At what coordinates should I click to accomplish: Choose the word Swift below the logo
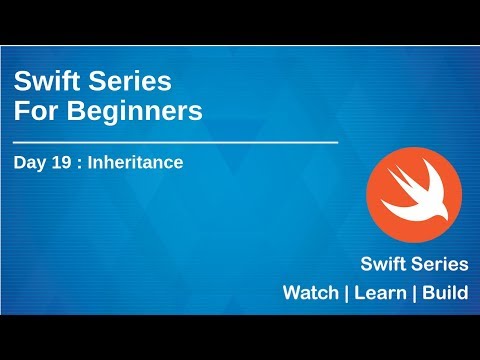tap(385, 265)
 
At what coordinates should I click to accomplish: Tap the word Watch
tap(311, 293)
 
